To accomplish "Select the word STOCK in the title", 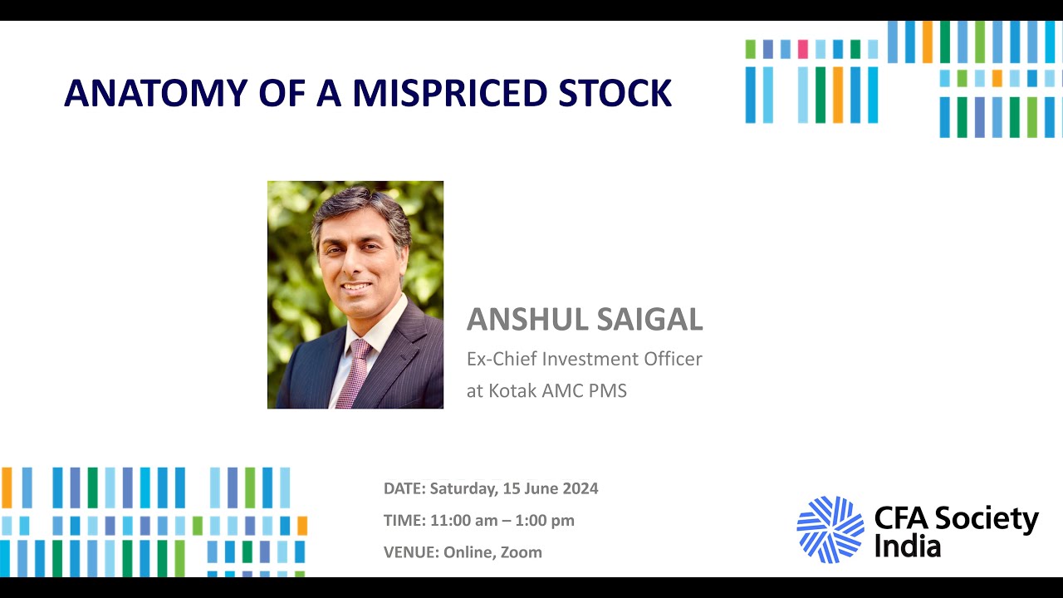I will (x=615, y=93).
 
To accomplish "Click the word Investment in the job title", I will (x=587, y=359).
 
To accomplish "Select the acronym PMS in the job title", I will (x=606, y=390).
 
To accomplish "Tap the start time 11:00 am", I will (x=466, y=521).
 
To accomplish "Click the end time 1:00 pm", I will (x=546, y=521).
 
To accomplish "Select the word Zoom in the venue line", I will (x=521, y=552).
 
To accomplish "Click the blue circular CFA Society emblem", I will (x=830, y=529).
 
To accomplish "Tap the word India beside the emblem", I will (x=907, y=547).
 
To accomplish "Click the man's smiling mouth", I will (x=357, y=287).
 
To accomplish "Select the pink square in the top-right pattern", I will (x=802, y=49).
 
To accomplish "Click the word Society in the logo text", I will (x=987, y=519).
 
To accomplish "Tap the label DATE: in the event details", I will (x=404, y=488).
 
